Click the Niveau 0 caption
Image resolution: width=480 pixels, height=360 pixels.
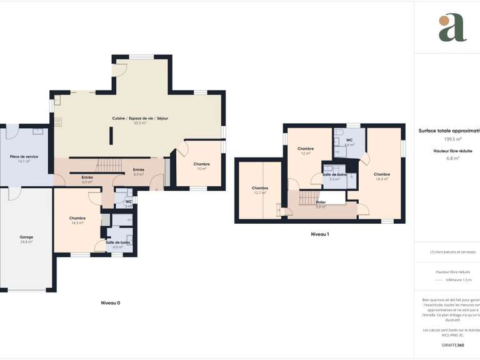(x=111, y=302)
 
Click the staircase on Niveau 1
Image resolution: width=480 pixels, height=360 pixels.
(x=309, y=197)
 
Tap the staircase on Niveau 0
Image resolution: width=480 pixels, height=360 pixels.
(x=109, y=166)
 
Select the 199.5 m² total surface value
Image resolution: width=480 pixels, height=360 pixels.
(x=452, y=139)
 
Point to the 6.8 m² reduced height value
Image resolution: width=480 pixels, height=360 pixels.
(x=451, y=158)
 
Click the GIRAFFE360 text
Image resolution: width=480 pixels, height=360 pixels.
(x=452, y=345)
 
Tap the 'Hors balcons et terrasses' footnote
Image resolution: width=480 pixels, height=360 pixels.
(x=452, y=252)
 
